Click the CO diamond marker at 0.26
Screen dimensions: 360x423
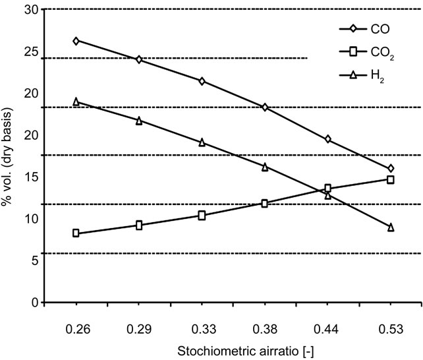point(76,41)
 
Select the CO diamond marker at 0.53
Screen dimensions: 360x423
point(391,169)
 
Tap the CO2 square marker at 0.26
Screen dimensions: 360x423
point(76,233)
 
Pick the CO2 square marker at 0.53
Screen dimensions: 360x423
point(391,179)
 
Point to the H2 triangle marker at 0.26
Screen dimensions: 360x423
point(76,102)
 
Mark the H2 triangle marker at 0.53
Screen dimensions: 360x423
point(391,227)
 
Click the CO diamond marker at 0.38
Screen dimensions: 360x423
point(265,107)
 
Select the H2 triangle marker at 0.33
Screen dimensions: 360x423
point(202,142)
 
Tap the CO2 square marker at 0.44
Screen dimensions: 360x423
point(328,189)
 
